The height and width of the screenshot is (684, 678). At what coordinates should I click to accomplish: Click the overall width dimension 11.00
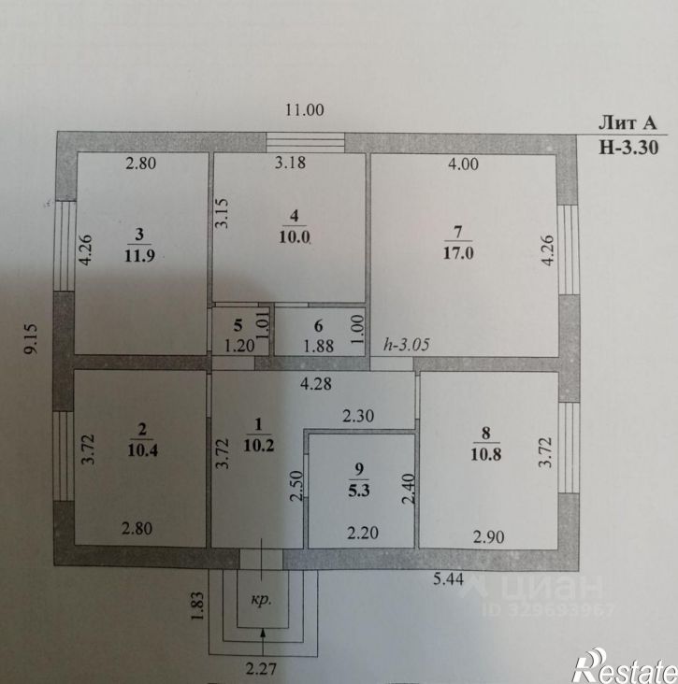304,110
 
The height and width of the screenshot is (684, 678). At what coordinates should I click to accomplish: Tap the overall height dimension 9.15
32,338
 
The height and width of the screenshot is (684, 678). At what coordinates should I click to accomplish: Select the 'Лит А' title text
627,123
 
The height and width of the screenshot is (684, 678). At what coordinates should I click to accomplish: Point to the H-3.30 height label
628,148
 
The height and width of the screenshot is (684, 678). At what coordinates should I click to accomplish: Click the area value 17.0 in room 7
458,253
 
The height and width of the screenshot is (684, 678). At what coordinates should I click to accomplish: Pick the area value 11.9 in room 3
139,255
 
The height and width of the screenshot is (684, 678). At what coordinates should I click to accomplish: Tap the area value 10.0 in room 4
295,237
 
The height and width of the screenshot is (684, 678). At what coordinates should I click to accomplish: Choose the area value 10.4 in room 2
142,449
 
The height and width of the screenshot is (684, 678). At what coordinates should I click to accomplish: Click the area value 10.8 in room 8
485,454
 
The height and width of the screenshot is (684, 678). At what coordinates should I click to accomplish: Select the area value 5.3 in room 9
359,491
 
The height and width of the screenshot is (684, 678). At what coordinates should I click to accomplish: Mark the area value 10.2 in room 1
258,445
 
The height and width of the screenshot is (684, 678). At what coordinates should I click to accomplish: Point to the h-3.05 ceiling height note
406,345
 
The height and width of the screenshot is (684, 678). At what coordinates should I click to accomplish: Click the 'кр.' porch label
261,599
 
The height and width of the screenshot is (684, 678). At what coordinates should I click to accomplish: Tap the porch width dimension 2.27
261,668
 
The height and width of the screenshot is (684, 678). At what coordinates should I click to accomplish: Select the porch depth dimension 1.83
197,606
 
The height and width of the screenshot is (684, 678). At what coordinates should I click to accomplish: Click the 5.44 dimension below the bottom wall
448,578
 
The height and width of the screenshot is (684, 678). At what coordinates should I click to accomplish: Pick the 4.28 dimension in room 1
316,384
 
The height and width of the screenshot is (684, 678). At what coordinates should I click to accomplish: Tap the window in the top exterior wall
306,142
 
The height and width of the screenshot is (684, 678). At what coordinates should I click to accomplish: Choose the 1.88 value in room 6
318,346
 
